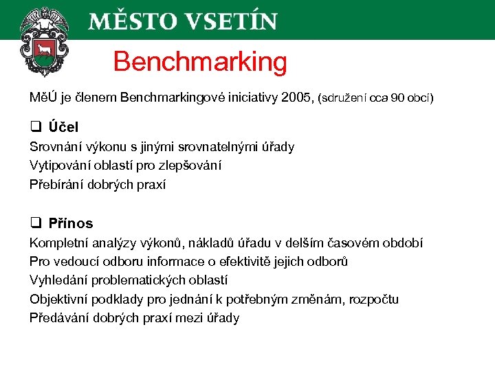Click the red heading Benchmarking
tap(200, 62)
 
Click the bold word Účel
tap(63, 127)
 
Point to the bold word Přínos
tap(71, 223)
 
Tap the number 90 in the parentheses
tap(397, 98)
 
